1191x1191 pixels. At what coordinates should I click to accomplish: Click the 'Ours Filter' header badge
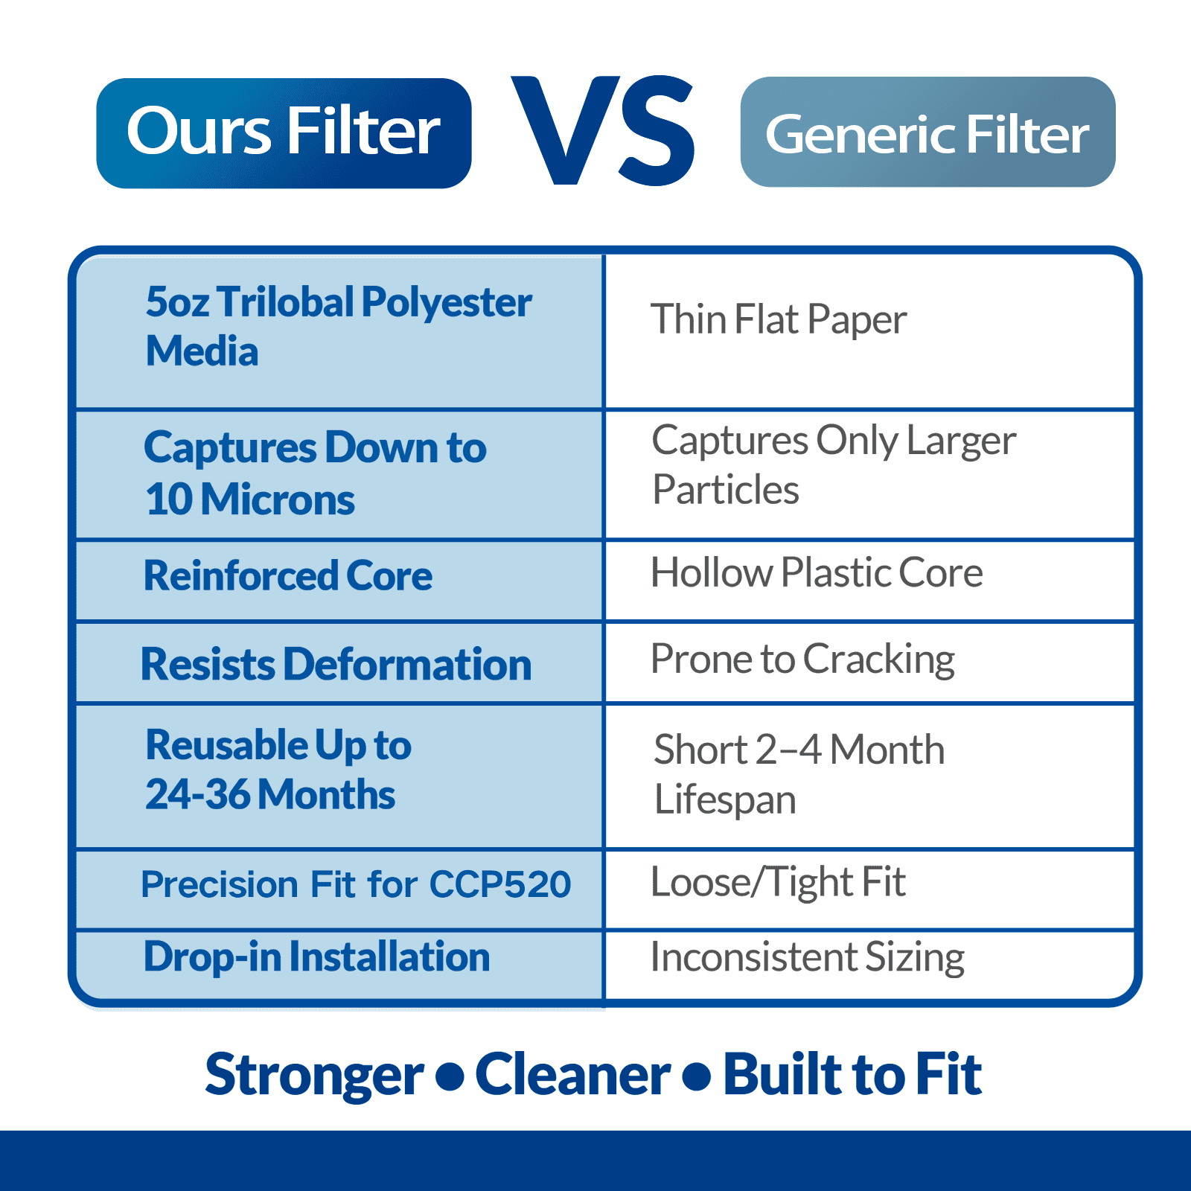(x=284, y=133)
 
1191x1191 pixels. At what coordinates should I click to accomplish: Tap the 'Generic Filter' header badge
(x=927, y=132)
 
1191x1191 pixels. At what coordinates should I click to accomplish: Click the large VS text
(x=604, y=130)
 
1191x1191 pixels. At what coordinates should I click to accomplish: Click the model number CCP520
(x=499, y=884)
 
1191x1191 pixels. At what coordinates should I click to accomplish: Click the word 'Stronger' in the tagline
(x=314, y=1075)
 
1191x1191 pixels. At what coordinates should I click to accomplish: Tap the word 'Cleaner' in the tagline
(x=572, y=1074)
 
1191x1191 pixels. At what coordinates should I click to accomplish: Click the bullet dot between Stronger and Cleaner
(x=450, y=1077)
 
